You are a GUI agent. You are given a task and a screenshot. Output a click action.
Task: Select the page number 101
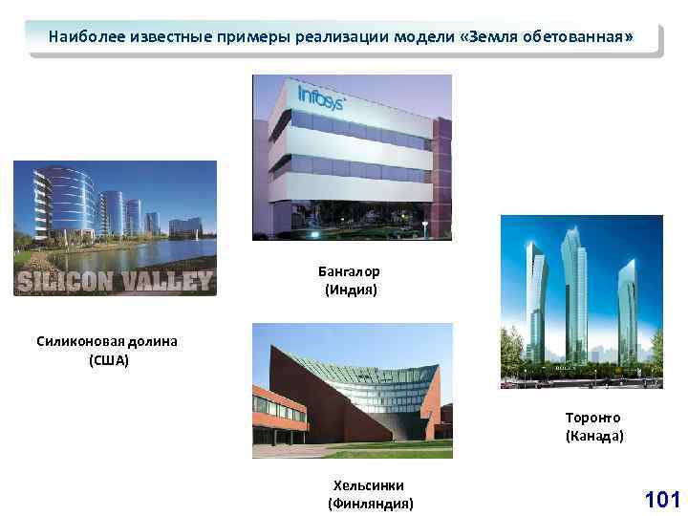(x=662, y=499)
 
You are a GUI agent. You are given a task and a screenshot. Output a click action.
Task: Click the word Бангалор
(x=349, y=271)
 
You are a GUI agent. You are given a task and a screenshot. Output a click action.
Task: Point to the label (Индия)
(x=351, y=290)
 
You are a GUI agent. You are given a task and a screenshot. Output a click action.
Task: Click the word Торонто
(x=593, y=418)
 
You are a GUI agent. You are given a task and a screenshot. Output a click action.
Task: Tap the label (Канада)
(x=593, y=436)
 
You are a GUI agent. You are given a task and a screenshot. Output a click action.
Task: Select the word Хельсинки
(x=369, y=485)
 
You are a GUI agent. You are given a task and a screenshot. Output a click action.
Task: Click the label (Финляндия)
(x=371, y=503)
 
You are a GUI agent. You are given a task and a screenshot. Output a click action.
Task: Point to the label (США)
(x=108, y=360)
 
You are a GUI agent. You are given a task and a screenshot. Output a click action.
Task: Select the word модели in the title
(x=420, y=38)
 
